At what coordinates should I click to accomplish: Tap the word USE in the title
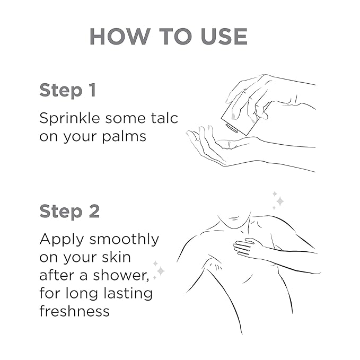[224, 36]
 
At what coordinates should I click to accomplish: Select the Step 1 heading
[68, 91]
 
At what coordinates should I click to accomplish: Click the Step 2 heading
[69, 211]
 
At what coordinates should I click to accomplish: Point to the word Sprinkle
[69, 119]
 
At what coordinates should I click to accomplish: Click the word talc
[164, 118]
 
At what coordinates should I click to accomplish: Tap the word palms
[124, 137]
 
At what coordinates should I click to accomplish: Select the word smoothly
[124, 240]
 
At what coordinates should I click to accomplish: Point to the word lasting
[128, 294]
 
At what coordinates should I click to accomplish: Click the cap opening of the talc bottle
[231, 128]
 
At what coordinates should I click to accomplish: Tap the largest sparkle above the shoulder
[280, 201]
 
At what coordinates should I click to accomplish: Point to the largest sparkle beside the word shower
[161, 271]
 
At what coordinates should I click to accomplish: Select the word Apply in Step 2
[62, 240]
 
